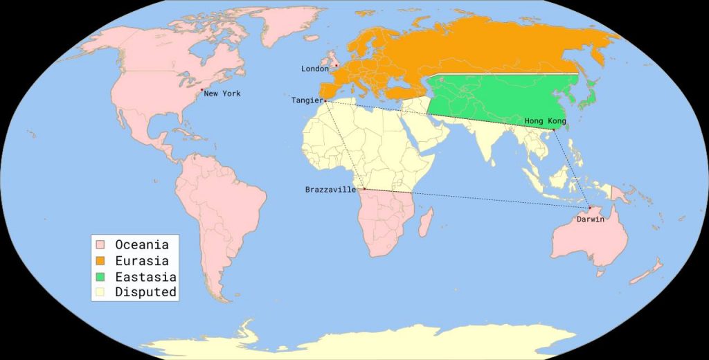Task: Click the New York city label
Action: click(222, 93)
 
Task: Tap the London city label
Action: click(315, 69)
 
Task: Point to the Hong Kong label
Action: click(545, 121)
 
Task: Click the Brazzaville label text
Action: click(330, 190)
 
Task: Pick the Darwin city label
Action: click(590, 219)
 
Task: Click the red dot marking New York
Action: click(201, 90)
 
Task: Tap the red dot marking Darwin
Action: click(589, 208)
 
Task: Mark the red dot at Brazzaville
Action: click(364, 189)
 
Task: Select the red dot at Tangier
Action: click(325, 101)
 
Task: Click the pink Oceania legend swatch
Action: click(100, 245)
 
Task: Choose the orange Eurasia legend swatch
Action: click(100, 261)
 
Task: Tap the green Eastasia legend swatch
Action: click(100, 277)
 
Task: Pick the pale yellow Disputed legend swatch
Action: click(100, 292)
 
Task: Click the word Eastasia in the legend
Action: click(145, 277)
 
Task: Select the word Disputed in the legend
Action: click(145, 292)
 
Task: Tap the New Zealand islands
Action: click(651, 269)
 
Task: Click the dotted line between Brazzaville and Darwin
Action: click(478, 199)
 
